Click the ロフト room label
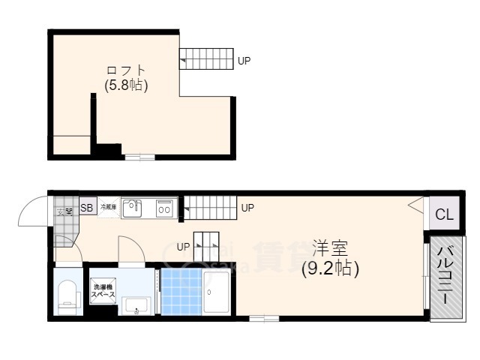click(125, 70)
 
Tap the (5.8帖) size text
click(125, 85)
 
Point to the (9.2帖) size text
click(330, 268)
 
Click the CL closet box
click(444, 214)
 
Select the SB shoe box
click(87, 208)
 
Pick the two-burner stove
click(165, 208)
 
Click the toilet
click(68, 295)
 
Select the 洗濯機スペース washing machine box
click(103, 292)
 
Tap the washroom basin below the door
click(136, 305)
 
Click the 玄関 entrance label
click(64, 211)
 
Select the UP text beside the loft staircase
click(244, 61)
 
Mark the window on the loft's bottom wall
click(139, 157)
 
